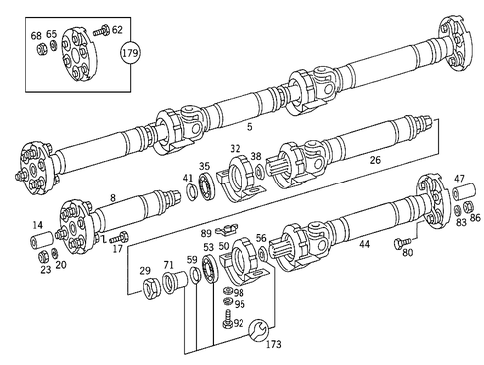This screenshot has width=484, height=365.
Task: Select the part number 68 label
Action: coord(36,35)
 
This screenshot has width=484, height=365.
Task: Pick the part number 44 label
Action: coord(364,244)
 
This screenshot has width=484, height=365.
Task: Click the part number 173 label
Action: coord(273,344)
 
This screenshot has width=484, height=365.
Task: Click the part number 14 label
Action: coord(38,225)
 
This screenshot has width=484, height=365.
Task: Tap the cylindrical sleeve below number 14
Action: coord(42,242)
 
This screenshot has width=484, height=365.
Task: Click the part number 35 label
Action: coord(204,167)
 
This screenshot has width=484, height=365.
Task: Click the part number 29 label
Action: coord(145,271)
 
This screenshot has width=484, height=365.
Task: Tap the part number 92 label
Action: coord(239,323)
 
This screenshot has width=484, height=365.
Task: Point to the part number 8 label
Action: coord(113,198)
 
